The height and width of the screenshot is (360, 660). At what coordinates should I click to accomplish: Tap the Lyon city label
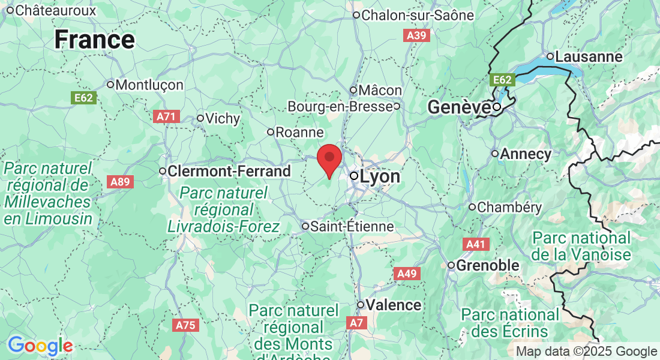tap(379, 176)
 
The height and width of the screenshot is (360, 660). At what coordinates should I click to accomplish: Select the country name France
tap(94, 40)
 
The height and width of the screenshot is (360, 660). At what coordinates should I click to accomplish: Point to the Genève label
tap(458, 107)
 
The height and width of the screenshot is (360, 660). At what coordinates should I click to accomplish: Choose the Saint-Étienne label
tap(352, 226)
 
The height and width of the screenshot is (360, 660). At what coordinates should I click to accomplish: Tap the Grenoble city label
tap(488, 265)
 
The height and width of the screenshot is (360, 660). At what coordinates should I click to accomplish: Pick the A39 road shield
tap(416, 36)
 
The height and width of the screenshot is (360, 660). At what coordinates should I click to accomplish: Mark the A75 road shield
tap(185, 325)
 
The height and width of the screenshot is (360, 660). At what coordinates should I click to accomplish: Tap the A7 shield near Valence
tap(356, 323)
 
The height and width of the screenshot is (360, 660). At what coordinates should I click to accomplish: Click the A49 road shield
tap(407, 274)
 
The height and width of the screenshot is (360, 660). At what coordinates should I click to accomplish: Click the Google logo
tap(40, 346)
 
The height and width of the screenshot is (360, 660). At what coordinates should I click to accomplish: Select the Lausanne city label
tap(589, 56)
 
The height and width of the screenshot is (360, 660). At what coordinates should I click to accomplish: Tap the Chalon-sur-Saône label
tap(418, 14)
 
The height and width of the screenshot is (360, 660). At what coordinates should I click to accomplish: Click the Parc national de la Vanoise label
tap(581, 246)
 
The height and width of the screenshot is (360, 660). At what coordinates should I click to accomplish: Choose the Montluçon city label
tap(149, 85)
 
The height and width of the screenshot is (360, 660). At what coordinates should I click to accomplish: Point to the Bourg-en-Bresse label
tap(340, 106)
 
